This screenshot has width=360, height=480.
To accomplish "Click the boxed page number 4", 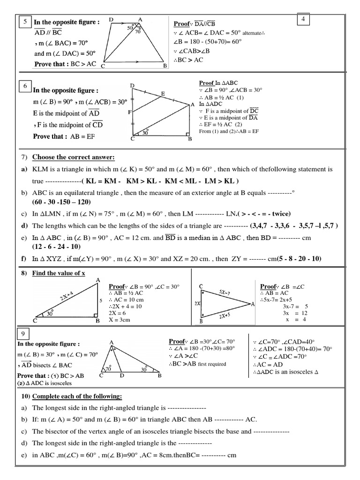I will coord(303,19).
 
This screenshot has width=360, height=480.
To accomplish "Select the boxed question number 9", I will coord(23,334).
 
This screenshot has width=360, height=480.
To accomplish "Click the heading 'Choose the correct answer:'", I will coord(73,157).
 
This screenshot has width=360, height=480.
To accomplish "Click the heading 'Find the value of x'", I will coord(59,273).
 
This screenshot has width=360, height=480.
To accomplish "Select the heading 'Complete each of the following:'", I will coord(77,397).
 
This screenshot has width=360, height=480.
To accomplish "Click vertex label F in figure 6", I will coord(129,112).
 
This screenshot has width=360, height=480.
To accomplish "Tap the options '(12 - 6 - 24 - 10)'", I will coord(56,247).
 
